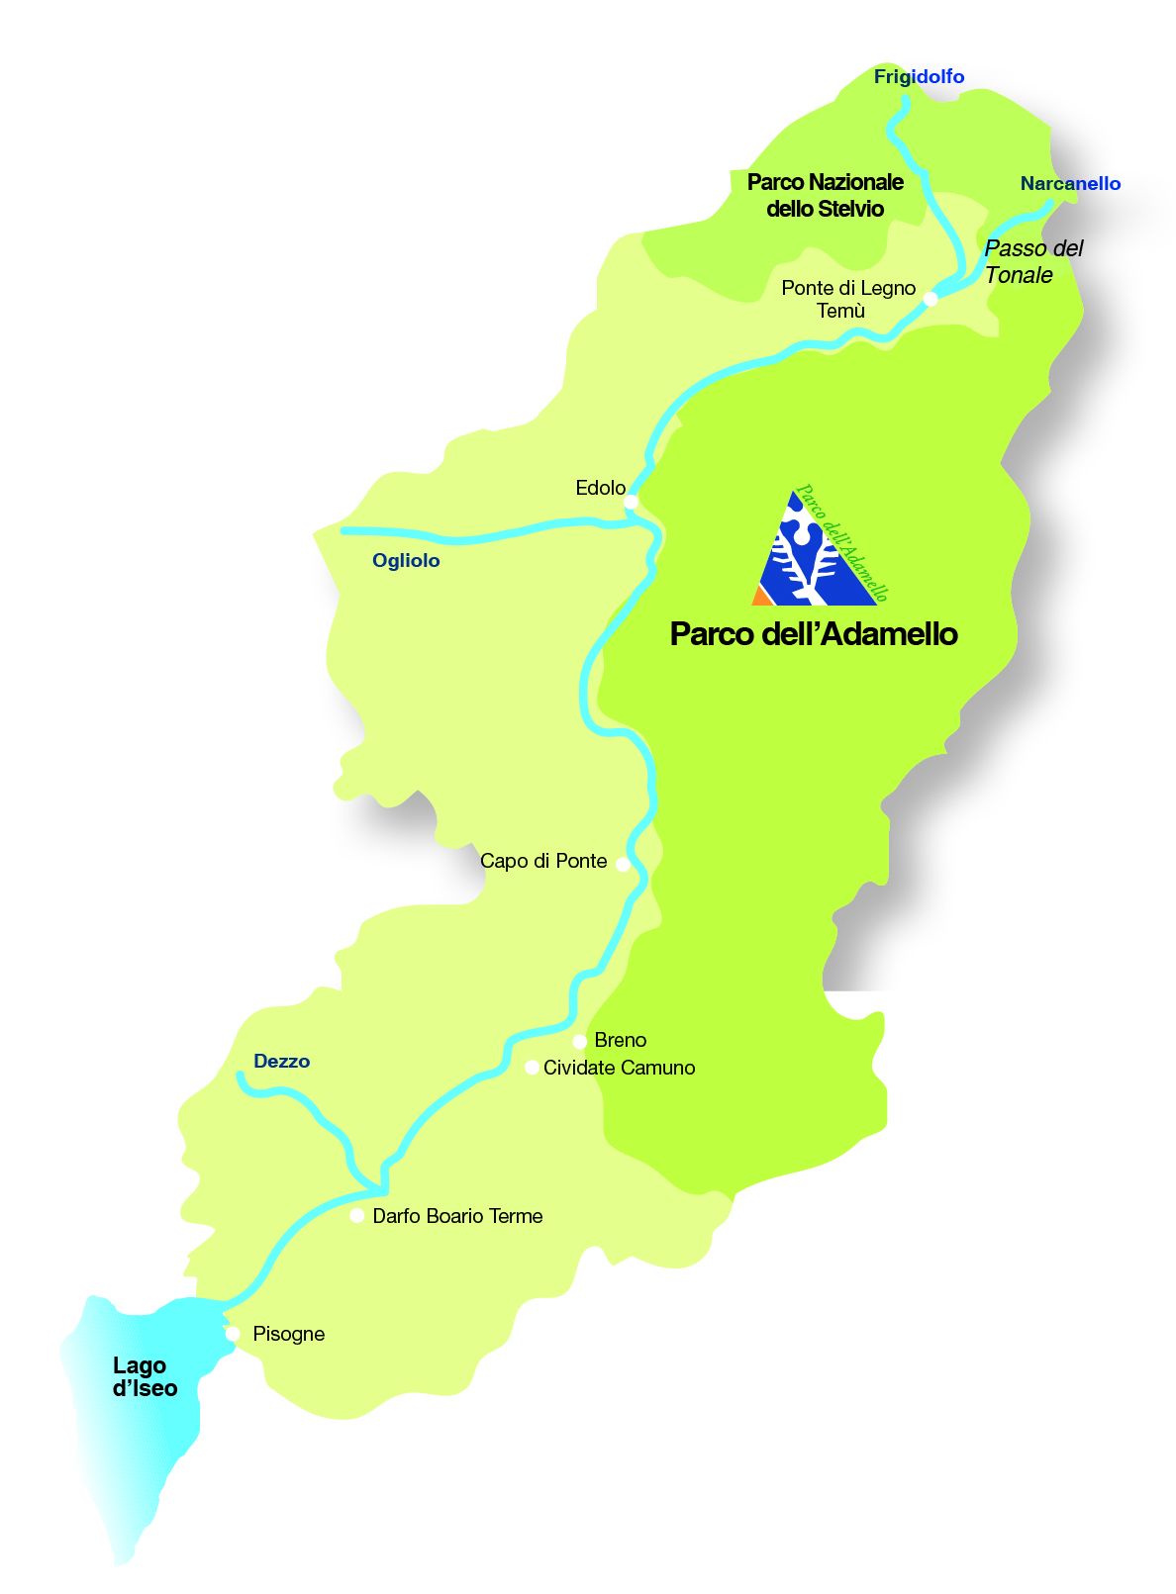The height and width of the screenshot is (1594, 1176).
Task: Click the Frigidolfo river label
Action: (x=919, y=77)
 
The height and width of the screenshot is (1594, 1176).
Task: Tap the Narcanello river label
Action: (x=1070, y=184)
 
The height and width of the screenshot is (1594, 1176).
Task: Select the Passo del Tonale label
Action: (x=1033, y=262)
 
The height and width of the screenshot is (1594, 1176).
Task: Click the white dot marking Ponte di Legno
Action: (x=931, y=299)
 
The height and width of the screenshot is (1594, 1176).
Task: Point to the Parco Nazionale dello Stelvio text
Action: (x=825, y=196)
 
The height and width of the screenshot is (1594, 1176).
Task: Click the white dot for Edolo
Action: (x=631, y=503)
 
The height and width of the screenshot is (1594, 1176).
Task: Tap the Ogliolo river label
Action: (x=406, y=561)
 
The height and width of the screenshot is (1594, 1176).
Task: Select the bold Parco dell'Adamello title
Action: (x=814, y=634)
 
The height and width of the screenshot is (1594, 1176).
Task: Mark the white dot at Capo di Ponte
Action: (x=623, y=864)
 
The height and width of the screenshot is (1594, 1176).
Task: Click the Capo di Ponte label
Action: (x=543, y=862)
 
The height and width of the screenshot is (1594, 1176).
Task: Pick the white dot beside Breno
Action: (x=580, y=1042)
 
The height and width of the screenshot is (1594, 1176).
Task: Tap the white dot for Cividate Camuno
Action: (x=532, y=1068)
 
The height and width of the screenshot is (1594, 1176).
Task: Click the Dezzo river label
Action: (x=282, y=1062)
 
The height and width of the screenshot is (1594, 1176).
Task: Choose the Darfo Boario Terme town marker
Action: (x=357, y=1216)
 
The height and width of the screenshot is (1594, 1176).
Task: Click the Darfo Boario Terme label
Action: (x=457, y=1216)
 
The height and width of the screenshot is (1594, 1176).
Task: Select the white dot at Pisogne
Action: (x=233, y=1334)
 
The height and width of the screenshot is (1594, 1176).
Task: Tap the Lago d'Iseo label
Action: (x=145, y=1377)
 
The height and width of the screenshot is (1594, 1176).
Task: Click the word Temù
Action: (x=840, y=312)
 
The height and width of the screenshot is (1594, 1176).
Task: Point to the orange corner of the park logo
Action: (x=760, y=597)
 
